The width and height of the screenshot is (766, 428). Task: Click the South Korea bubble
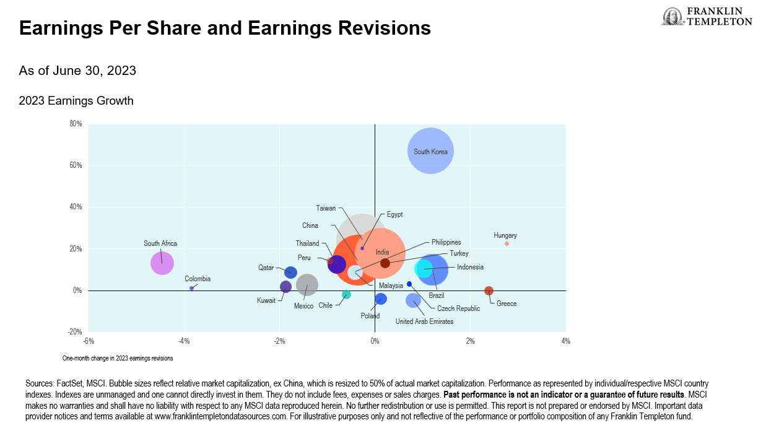[x=431, y=151]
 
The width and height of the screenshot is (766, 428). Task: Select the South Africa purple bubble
[x=162, y=263]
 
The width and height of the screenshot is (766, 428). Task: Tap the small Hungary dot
[x=507, y=243]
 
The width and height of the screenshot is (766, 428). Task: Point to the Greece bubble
[x=489, y=290]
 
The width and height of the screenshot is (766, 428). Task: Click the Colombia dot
[x=192, y=288]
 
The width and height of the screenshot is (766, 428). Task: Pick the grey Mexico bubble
[x=307, y=285]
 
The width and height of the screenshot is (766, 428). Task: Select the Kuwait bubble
[x=285, y=287]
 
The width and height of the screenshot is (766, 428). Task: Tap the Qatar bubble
[x=290, y=272]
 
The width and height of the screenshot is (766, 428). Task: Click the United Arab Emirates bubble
[x=413, y=300]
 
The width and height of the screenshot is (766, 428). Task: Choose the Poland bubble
[x=381, y=299]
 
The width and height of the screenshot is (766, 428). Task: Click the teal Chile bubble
[x=347, y=294]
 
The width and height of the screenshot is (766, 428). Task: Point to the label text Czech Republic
[x=458, y=308]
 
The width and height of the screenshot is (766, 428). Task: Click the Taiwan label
[x=326, y=208]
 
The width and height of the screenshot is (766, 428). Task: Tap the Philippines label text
[x=446, y=242]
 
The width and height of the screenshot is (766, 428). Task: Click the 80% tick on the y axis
[x=76, y=124]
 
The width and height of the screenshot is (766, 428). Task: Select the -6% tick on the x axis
[x=89, y=341]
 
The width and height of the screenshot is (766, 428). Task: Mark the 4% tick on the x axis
[x=565, y=341]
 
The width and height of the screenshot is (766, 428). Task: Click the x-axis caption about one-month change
[x=118, y=358]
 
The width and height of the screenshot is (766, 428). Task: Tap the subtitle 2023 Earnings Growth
[x=76, y=100]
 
